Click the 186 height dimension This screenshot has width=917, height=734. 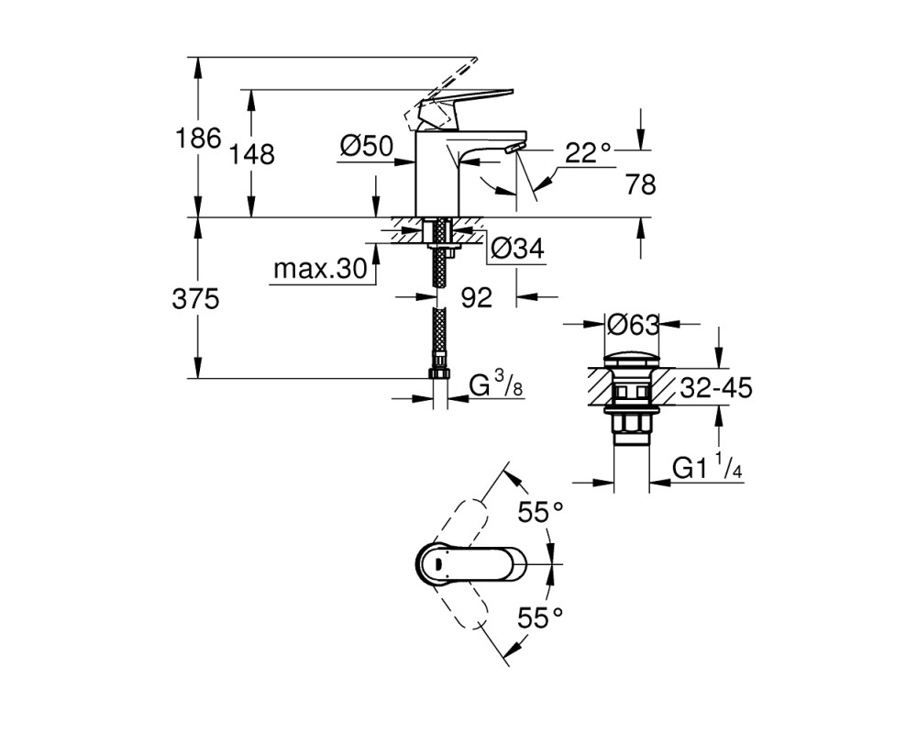(x=199, y=139)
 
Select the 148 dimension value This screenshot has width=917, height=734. (x=251, y=155)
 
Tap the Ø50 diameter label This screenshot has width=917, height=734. (x=368, y=146)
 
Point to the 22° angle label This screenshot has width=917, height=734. (x=588, y=153)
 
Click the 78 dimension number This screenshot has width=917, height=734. (x=640, y=185)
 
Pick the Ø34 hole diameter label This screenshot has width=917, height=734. (x=517, y=249)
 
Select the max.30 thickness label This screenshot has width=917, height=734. (x=320, y=269)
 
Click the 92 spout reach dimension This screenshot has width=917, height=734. (x=477, y=298)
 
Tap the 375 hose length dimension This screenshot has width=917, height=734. (x=195, y=300)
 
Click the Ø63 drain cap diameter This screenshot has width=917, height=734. (x=634, y=324)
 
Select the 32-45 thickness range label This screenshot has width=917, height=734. (x=716, y=387)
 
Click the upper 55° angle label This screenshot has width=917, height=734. (x=540, y=513)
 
